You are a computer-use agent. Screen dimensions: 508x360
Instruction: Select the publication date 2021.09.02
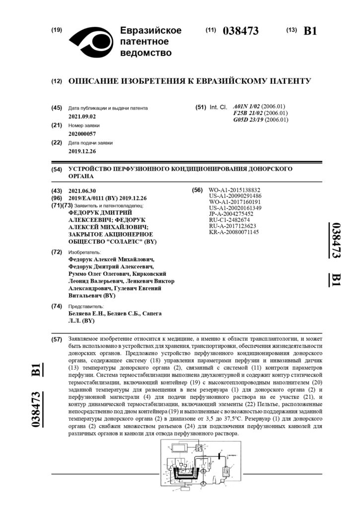pyautogui.click(x=82, y=116)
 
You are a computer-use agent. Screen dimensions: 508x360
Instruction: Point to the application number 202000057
pyautogui.click(x=82, y=134)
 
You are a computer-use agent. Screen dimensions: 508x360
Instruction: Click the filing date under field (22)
pyautogui.click(x=82, y=151)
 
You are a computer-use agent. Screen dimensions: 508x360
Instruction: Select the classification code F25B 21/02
pyautogui.click(x=247, y=113)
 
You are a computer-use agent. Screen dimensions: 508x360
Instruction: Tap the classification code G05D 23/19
pyautogui.click(x=247, y=120)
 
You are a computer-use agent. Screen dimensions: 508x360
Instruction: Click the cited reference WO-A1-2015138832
pyautogui.click(x=235, y=190)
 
